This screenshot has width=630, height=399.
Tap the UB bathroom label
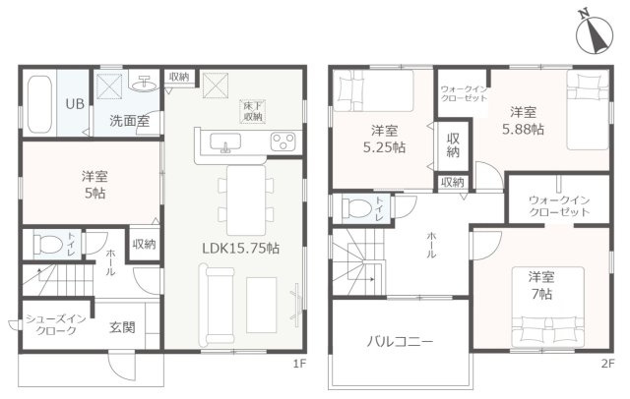[74, 102]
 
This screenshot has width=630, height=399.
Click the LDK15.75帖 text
[240, 250]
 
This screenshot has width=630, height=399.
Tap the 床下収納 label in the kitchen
[254, 110]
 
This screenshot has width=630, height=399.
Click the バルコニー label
[401, 343]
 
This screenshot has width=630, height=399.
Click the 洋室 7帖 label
[537, 285]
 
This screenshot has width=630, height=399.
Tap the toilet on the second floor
[356, 207]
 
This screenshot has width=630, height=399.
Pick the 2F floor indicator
[608, 363]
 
